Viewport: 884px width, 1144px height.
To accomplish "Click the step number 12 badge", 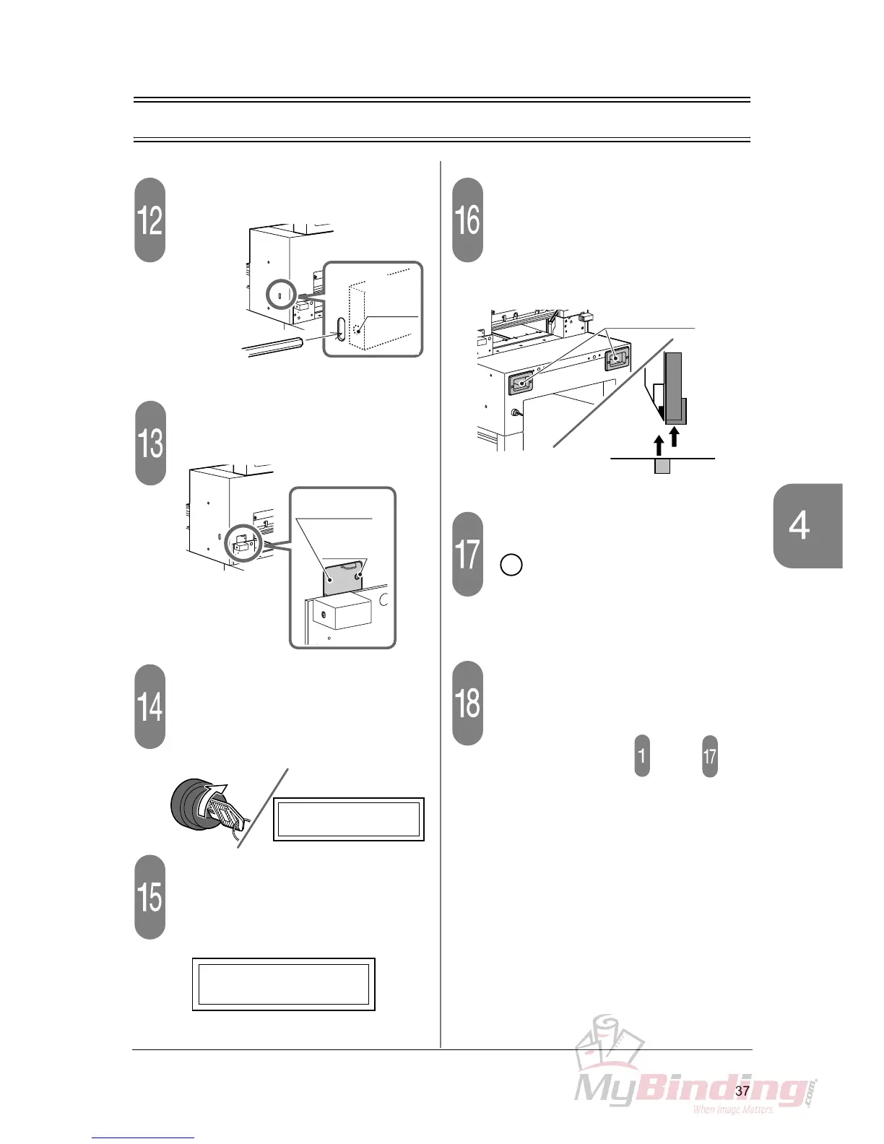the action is point(150,220).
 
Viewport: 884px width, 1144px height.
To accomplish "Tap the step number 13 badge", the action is point(150,443).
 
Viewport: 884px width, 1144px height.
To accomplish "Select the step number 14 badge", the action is point(150,706).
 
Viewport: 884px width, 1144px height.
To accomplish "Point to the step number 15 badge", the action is point(150,896).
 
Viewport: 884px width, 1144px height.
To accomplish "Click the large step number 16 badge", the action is point(467,220).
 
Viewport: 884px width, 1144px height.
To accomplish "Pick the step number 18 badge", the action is point(467,702).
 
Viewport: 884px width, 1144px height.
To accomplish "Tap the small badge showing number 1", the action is point(641,755).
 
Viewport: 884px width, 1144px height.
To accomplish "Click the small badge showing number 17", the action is point(710,755).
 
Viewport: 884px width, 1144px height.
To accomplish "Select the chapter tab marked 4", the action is point(807,525).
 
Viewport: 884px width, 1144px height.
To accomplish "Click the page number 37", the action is point(742,1091).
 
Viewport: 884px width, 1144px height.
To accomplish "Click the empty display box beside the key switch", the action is point(348,819).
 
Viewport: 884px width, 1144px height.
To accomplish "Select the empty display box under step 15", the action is point(283,984).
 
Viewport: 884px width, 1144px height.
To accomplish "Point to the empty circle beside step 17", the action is point(511,564).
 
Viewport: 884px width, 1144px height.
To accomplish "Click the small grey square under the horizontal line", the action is point(662,466).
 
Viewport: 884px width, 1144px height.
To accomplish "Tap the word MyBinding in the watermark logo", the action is point(690,1088).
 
